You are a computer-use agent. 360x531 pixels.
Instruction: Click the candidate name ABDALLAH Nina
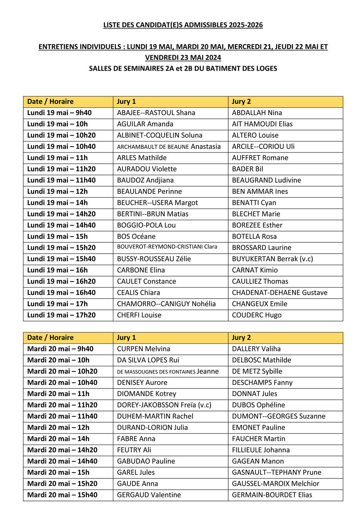coord(257,113)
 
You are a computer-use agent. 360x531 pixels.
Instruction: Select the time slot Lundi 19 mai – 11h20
coord(62,169)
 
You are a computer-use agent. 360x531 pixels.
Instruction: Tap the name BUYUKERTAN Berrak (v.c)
coord(272,259)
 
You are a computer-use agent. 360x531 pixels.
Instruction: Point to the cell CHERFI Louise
coord(139,315)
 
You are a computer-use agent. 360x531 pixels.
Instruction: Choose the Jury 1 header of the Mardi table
coord(126,338)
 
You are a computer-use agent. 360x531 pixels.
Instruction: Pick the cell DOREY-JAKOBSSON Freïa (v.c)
coord(164,405)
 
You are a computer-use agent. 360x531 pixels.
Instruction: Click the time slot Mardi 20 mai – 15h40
coord(63,495)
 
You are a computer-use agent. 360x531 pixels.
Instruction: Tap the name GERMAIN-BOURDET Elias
coord(272,495)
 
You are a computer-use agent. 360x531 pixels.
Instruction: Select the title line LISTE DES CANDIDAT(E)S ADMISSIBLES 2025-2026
coord(183,25)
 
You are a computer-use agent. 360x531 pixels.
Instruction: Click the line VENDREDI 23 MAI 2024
coord(183,58)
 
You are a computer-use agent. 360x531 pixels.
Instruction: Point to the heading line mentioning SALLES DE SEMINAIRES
coord(183,69)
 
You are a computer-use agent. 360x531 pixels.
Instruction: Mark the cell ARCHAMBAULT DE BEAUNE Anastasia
coord(169,147)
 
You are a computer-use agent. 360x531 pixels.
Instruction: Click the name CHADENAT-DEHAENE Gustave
coord(279,293)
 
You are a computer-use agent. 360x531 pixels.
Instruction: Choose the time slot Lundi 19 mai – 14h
coord(58,203)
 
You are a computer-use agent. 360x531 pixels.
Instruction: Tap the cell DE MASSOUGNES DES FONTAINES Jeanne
coord(168,371)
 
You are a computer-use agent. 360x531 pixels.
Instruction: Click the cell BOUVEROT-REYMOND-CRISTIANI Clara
coord(167,247)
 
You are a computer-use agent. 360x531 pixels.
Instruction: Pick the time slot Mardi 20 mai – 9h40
coord(61,349)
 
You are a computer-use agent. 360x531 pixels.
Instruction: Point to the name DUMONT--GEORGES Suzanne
coord(278,416)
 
